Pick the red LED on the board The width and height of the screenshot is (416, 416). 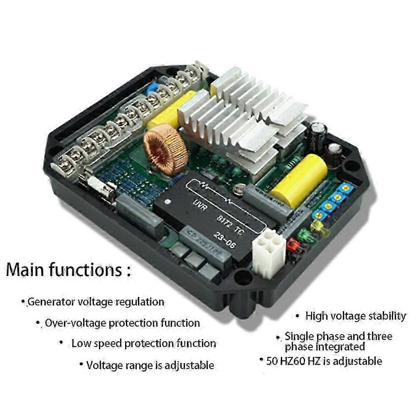(293, 246)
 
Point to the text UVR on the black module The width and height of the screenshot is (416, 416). (201, 204)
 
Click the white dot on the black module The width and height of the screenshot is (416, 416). (167, 202)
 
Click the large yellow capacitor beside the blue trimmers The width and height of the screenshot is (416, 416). (298, 180)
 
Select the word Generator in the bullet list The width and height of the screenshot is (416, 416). (51, 302)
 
